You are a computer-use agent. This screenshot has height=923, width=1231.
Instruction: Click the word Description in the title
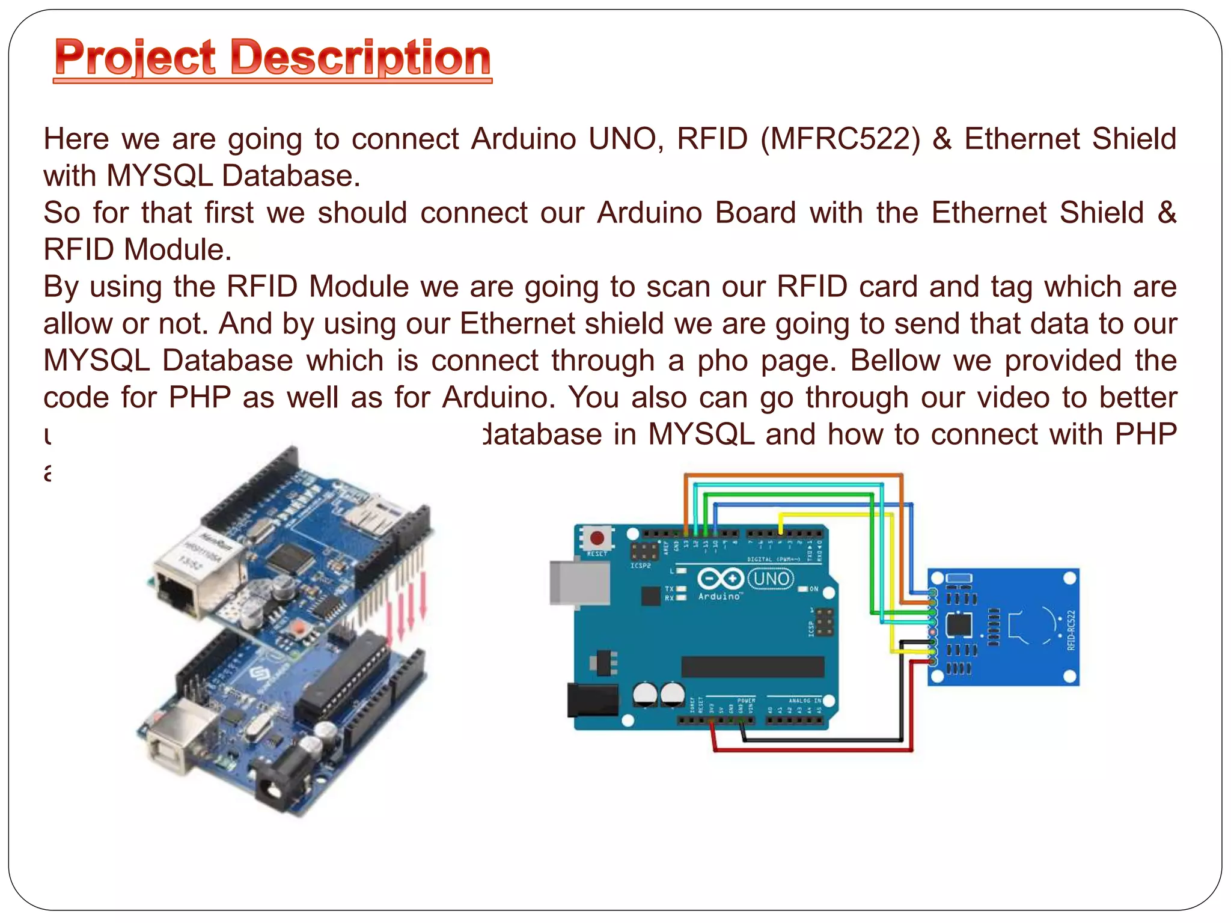pos(361,58)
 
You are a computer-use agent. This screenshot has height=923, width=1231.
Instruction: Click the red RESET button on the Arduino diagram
pos(597,538)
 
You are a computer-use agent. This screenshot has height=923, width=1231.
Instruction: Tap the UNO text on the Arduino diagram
pos(771,579)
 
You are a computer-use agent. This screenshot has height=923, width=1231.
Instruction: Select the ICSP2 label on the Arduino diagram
pos(641,565)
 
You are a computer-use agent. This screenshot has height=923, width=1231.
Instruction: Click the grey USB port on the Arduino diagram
pos(577,582)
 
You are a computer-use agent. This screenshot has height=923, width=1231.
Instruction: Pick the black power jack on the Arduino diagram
pos(592,700)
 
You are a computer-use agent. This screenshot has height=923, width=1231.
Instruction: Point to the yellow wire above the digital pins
pos(835,514)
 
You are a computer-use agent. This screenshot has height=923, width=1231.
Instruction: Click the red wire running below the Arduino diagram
pos(811,749)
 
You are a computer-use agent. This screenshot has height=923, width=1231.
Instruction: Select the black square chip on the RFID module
pos(959,625)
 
